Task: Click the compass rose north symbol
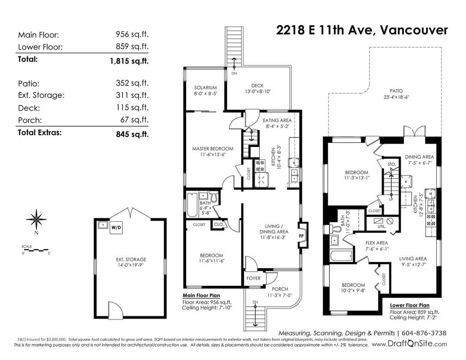coord(36,219)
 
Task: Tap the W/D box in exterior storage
coord(116,228)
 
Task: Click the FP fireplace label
coord(301,236)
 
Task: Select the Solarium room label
coord(205,88)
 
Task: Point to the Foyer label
coord(253,278)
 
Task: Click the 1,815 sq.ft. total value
coord(129,61)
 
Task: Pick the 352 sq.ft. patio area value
coord(132,83)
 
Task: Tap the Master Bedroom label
coord(213,149)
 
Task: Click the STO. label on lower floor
coord(392,164)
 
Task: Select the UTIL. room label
coord(382,226)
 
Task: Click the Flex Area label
coord(376,243)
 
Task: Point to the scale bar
coord(35,249)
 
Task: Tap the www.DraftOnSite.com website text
coord(409,344)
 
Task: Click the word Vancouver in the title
coord(414,30)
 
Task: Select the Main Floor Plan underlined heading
coord(201,295)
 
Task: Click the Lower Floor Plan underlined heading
coord(410,305)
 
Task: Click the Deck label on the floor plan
coord(258,86)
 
